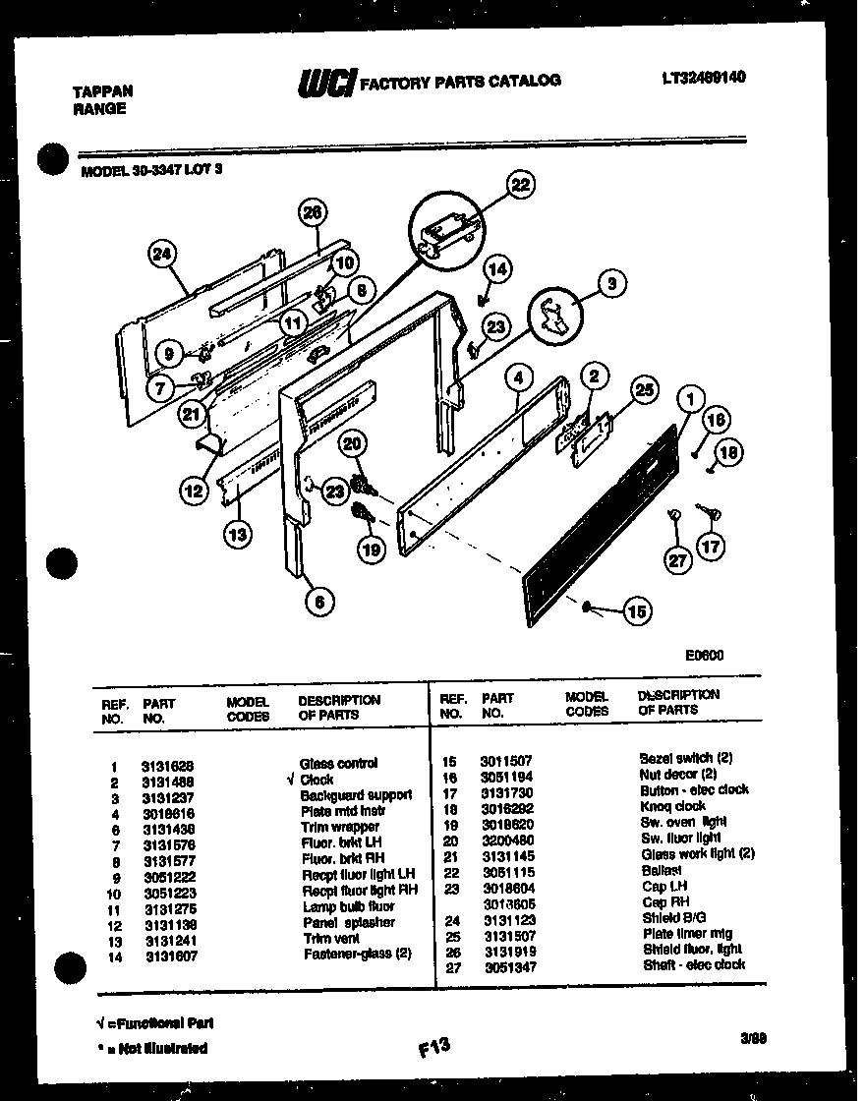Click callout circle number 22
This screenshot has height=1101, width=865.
(x=521, y=184)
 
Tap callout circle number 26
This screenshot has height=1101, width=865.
(x=312, y=212)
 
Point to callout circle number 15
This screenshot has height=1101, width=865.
(x=637, y=611)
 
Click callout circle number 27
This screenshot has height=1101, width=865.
(x=676, y=561)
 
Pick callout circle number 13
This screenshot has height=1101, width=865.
(x=237, y=535)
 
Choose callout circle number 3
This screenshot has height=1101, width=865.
(x=611, y=285)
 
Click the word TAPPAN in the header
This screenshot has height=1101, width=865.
(x=103, y=90)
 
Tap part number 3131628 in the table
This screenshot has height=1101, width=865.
(x=168, y=764)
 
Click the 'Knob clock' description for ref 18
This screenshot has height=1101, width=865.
(x=672, y=805)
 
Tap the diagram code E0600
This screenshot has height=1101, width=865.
(x=704, y=655)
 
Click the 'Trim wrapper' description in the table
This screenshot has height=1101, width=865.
(x=340, y=827)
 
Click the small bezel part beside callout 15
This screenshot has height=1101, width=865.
(x=587, y=607)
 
